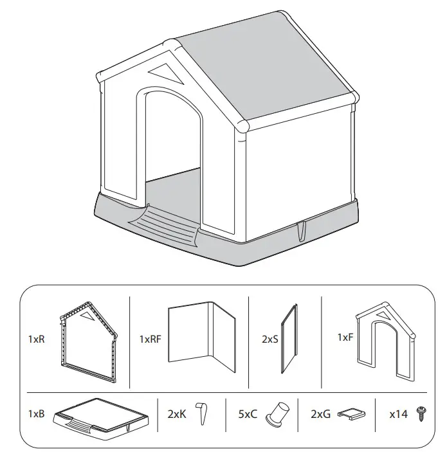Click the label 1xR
36,339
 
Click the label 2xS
269,339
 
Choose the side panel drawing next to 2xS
290,339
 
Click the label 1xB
36,414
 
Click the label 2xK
177,414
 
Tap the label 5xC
247,414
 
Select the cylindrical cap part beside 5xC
277,413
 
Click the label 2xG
321,414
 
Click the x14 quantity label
398,414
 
